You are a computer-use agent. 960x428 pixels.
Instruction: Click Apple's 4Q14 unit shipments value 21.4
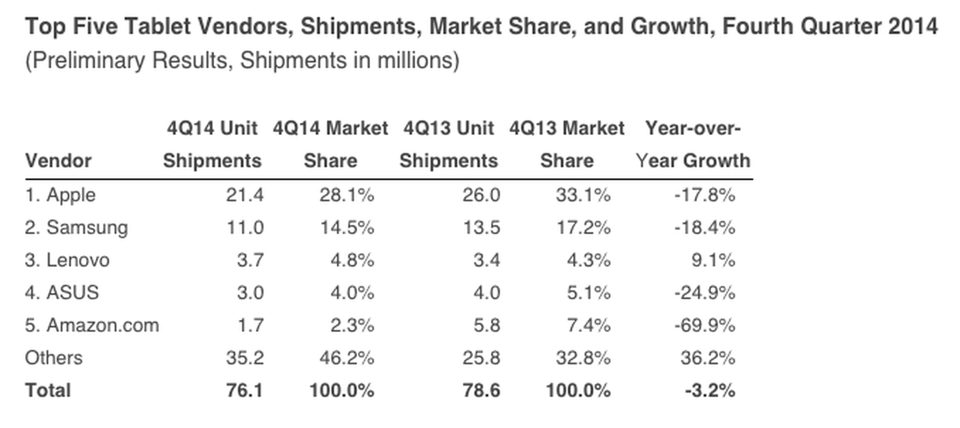tap(244, 195)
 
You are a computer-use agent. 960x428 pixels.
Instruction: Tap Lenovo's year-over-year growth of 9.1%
tap(713, 260)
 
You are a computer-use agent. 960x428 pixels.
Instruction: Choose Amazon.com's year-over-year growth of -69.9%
tap(704, 325)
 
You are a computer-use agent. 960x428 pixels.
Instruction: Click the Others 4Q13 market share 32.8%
tap(583, 358)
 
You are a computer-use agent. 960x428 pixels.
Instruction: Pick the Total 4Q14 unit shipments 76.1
tap(244, 390)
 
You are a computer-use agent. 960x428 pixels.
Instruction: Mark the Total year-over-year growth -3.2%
tap(710, 390)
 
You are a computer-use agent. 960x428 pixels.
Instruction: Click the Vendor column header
tap(58, 161)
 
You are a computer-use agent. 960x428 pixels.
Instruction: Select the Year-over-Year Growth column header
tap(693, 145)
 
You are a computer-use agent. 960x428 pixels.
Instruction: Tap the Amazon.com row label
tap(92, 325)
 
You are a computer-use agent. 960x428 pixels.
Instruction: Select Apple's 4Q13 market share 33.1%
tap(583, 195)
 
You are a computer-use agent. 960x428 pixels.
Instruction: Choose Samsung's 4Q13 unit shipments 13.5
tap(481, 228)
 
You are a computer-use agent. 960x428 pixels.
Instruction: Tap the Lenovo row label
tap(67, 260)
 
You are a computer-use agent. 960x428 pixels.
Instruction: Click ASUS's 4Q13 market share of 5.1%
tap(588, 292)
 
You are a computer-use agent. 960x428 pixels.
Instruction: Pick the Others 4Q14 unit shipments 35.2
tap(244, 358)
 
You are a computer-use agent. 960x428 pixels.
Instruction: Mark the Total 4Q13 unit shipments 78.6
tap(481, 390)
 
